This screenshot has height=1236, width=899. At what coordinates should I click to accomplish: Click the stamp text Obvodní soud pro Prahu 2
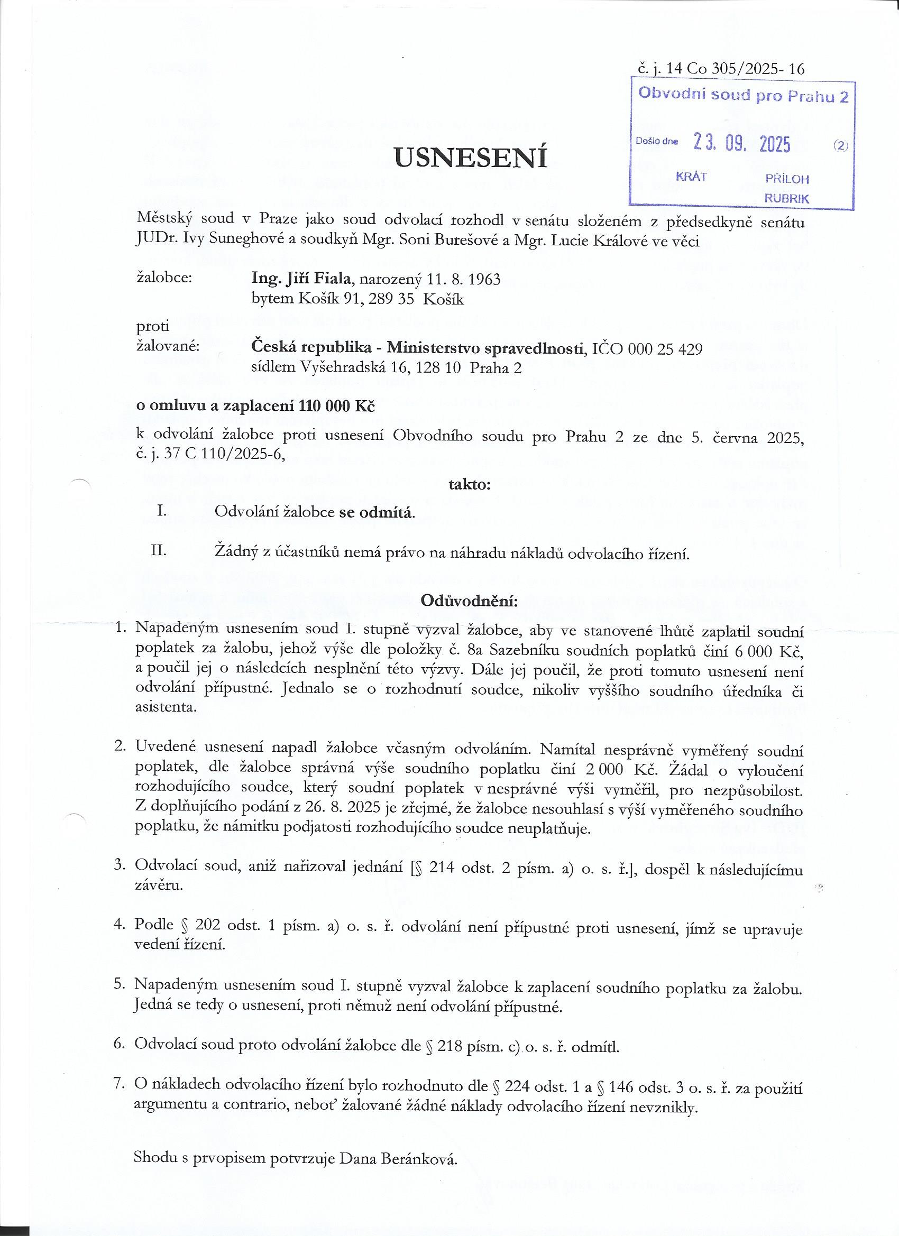743,95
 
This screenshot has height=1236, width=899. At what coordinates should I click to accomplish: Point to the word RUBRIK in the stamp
786,198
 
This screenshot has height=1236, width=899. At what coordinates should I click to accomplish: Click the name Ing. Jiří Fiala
300,279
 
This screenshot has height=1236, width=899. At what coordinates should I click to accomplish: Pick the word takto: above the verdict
470,484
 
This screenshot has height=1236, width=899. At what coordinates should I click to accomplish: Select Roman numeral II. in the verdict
159,550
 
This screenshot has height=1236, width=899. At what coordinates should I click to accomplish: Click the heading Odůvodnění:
470,601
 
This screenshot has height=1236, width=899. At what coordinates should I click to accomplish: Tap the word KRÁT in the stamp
691,177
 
